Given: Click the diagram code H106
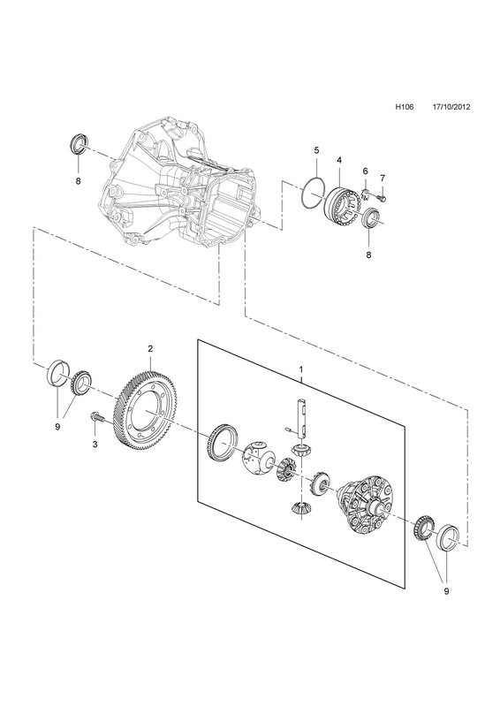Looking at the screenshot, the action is [405, 119].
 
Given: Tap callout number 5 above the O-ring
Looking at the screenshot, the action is [316, 149].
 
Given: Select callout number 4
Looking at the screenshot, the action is [339, 160].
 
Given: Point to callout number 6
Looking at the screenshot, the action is [365, 171].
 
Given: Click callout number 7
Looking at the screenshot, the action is [383, 178].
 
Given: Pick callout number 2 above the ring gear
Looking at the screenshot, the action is [150, 348].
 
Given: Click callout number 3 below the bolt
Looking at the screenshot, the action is [95, 445].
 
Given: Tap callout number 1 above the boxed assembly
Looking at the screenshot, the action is [300, 369].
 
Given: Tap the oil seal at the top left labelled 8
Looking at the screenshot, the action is [78, 143].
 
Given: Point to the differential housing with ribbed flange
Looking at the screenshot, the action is [365, 503].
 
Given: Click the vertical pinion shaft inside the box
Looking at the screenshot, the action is [301, 418].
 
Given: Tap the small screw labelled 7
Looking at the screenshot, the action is [383, 197].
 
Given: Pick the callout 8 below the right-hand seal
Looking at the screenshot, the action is [368, 255].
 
